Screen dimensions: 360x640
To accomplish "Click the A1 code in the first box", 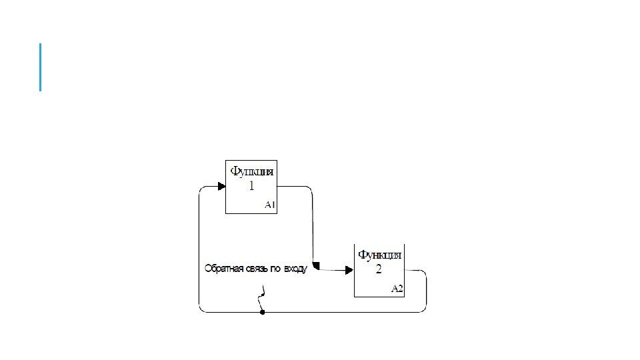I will click(269, 205).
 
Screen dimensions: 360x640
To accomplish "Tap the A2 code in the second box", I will click(397, 289).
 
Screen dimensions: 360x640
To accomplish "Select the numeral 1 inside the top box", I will click(251, 187).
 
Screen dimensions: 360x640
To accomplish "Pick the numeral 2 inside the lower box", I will click(379, 269).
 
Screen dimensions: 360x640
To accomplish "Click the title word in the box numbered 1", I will click(251, 172).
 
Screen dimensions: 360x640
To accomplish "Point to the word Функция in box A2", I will click(380, 255).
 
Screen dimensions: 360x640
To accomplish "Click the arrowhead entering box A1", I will click(221, 186).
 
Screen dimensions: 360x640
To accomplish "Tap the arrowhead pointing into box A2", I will click(349, 270).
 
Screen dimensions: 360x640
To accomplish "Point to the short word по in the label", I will click(275, 269).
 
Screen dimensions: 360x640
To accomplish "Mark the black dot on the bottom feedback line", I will click(263, 311).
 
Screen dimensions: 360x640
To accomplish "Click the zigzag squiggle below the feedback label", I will click(263, 295).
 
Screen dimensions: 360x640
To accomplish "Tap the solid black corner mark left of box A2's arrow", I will click(316, 266).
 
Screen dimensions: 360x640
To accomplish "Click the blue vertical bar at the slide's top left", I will click(41, 67).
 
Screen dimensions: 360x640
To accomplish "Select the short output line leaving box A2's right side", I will click(414, 270).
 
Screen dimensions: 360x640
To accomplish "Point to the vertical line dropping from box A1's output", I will click(312, 227).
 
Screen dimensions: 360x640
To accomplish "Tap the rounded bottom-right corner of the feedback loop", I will click(424, 309).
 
